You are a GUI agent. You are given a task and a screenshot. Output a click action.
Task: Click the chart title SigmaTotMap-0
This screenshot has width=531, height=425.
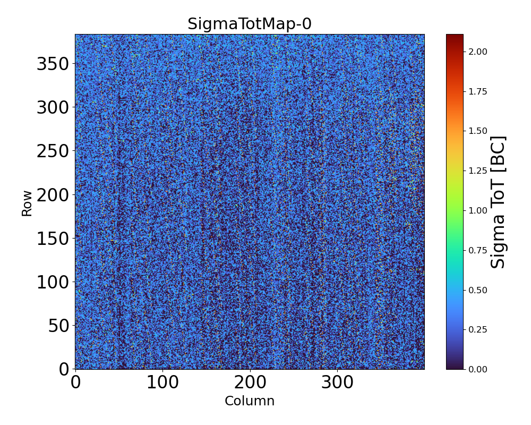tap(249, 24)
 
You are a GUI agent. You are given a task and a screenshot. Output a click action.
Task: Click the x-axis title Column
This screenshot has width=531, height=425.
tap(250, 401)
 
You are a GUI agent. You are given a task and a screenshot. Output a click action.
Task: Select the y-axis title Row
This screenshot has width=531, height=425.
tap(27, 203)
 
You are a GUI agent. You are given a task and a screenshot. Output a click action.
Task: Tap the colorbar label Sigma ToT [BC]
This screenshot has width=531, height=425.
tap(498, 202)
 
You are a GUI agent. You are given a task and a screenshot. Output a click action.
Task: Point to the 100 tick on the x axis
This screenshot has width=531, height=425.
tap(162, 382)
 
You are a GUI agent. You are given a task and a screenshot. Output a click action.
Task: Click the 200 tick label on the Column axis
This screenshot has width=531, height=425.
tap(250, 382)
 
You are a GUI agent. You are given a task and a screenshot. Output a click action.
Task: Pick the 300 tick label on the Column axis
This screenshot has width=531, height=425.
tap(337, 382)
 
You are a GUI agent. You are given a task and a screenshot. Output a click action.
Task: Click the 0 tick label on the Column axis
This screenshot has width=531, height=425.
tap(75, 382)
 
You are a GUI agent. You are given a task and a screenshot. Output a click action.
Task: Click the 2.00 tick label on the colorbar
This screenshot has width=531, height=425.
tap(478, 52)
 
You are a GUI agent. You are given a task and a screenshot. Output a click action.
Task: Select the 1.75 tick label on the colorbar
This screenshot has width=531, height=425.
tap(478, 91)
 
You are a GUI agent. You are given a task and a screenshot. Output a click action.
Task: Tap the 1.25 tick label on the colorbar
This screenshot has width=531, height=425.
tap(478, 171)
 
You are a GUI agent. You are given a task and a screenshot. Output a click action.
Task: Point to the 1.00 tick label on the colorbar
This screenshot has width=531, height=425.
tap(478, 210)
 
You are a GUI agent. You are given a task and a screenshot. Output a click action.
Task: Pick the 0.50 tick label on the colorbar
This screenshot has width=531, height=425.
tap(478, 290)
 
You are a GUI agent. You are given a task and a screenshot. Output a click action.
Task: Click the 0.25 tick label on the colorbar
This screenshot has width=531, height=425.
tap(478, 329)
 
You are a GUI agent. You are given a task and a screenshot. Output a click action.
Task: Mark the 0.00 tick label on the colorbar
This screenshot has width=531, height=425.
tap(478, 369)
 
